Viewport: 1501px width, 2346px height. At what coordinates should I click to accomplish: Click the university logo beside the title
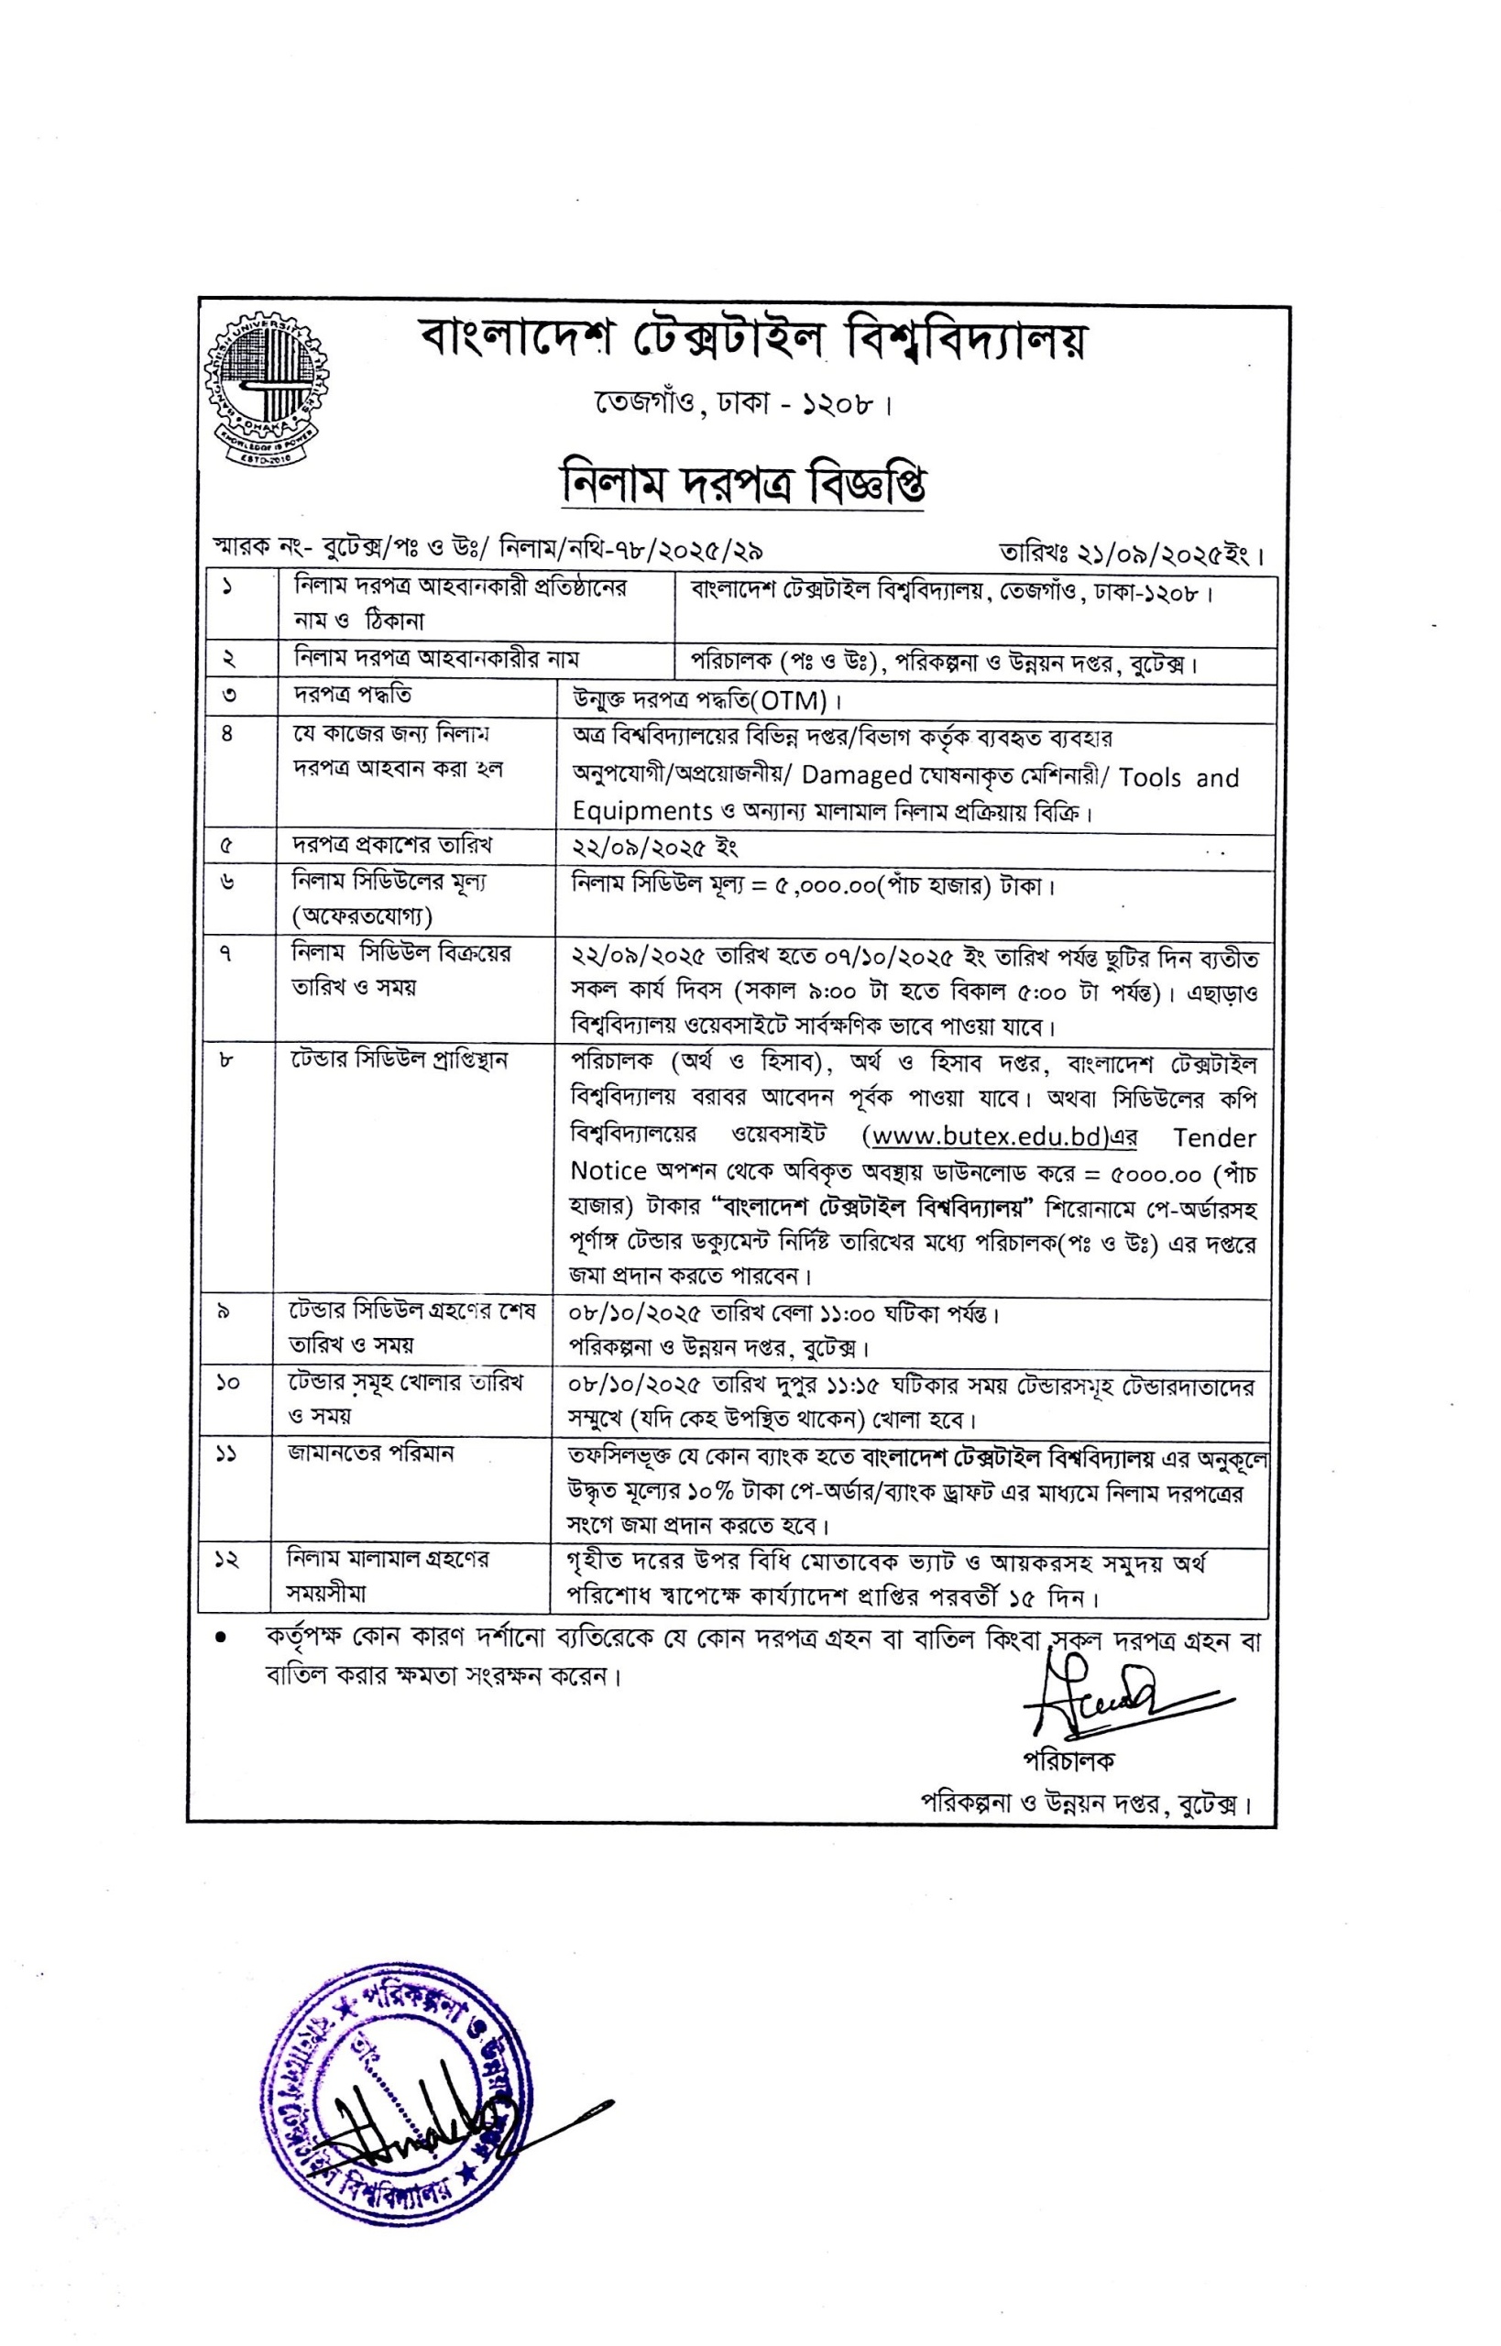click(266, 389)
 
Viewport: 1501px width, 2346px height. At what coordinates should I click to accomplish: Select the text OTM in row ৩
click(794, 701)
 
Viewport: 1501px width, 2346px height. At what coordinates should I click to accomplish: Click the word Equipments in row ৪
click(642, 811)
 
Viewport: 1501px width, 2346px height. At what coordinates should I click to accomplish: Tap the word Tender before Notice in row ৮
click(1214, 1137)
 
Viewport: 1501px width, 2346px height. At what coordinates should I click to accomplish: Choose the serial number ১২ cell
click(226, 1561)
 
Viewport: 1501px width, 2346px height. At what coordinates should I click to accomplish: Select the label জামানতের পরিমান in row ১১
click(370, 1453)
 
